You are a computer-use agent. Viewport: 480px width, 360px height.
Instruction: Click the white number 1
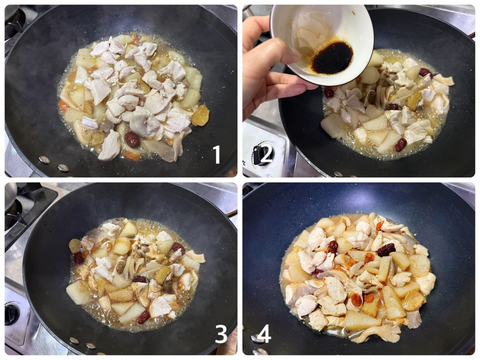click(x=217, y=154)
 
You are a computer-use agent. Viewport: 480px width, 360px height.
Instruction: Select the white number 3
click(x=221, y=334)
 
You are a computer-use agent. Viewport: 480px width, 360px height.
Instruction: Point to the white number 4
click(x=264, y=334)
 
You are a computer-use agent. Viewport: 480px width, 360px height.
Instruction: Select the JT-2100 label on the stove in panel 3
click(x=14, y=338)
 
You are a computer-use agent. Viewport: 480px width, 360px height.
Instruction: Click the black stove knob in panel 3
click(x=11, y=315)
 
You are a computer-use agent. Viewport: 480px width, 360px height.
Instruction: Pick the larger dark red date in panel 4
click(x=386, y=250)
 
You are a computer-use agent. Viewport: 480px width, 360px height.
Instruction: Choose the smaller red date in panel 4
click(x=333, y=246)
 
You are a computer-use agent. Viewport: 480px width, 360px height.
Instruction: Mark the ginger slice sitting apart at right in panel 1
click(x=200, y=116)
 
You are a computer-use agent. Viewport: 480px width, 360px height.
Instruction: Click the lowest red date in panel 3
click(x=144, y=317)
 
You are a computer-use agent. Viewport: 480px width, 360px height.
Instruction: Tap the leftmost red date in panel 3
click(x=78, y=258)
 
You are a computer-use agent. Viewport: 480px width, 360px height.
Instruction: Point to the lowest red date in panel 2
click(x=401, y=145)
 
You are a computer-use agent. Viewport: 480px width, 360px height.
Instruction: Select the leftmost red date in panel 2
click(x=329, y=92)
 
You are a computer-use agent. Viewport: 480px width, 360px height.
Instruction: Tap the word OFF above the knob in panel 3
click(x=18, y=303)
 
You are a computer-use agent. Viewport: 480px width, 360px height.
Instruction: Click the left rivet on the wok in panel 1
click(x=44, y=160)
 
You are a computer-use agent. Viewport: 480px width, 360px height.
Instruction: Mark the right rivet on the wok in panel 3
click(x=90, y=346)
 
